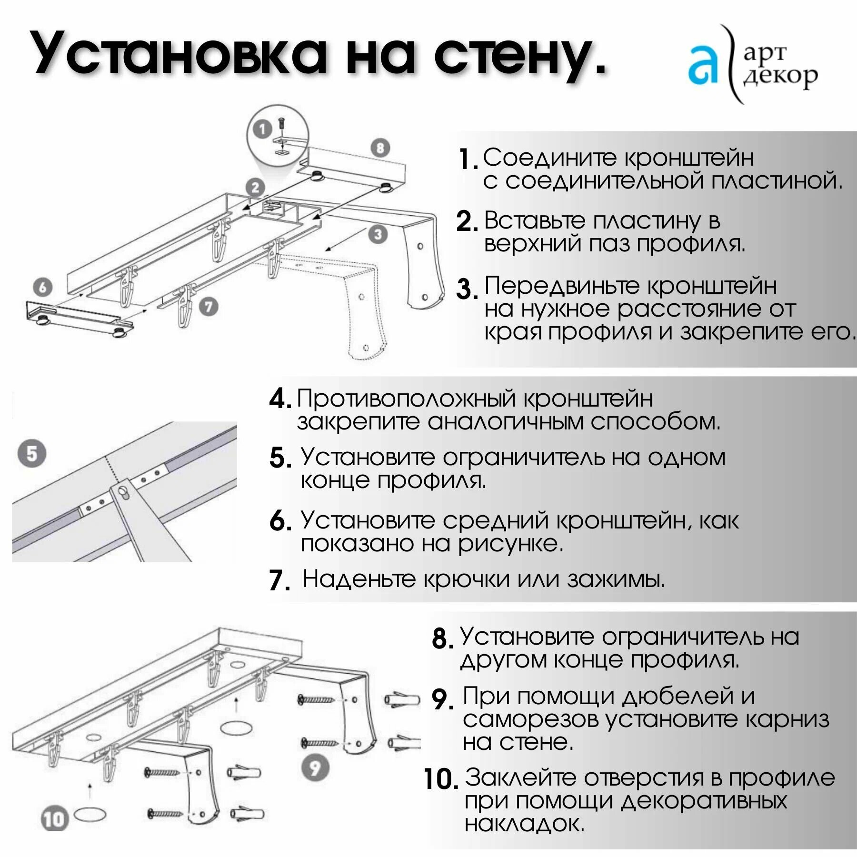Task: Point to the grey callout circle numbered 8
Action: pos(380,149)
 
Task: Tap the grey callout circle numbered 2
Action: pos(256,188)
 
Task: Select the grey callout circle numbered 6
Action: pos(43,287)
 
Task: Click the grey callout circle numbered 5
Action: pos(32,453)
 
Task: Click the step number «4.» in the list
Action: pos(280,399)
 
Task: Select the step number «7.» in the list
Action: pos(279,580)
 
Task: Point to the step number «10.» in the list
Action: pos(441,779)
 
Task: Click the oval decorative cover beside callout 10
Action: pos(90,815)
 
